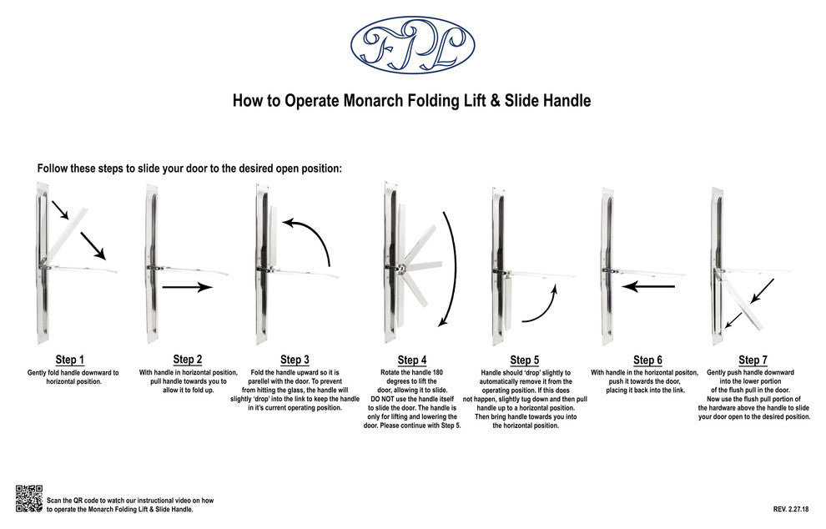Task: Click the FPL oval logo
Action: point(412,45)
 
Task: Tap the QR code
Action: point(29,498)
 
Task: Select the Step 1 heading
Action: point(70,360)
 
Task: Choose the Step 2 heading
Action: point(188,360)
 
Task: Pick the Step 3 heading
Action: point(295,360)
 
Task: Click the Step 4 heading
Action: point(412,360)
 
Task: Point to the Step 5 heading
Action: point(525,360)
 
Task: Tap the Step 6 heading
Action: point(647,360)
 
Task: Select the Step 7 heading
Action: point(753,360)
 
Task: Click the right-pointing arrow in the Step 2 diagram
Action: point(187,287)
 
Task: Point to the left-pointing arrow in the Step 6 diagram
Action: point(648,287)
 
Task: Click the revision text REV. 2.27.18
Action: point(791,510)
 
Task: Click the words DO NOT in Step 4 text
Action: point(383,399)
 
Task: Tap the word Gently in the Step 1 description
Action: point(38,372)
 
